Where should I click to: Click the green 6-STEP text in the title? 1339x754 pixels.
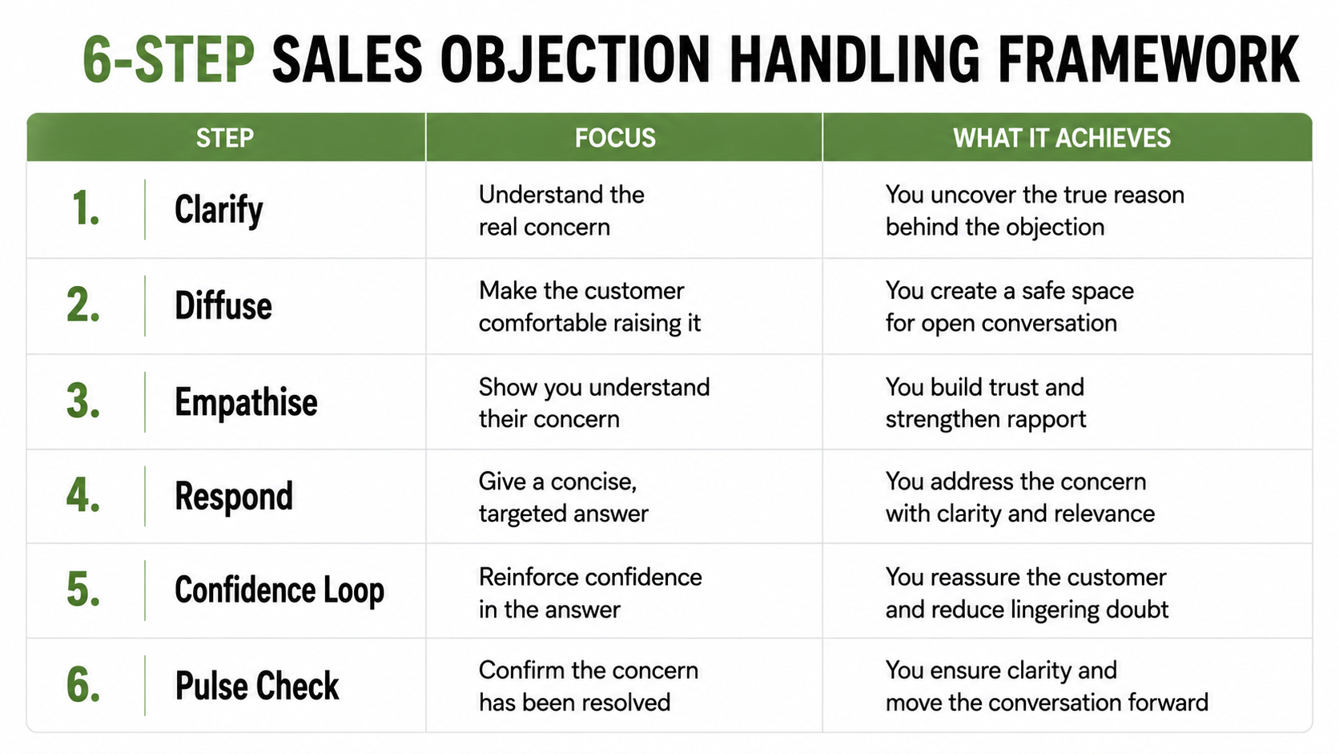point(168,60)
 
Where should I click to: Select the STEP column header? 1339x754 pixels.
point(225,138)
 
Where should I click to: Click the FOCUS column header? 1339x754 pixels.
point(615,138)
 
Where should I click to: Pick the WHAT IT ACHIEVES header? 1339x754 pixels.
point(1062,138)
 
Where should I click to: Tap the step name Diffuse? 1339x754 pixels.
point(223,305)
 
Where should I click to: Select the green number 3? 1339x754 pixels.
point(83,401)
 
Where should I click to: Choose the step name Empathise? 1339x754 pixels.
point(246,401)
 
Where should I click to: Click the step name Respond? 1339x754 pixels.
point(234,497)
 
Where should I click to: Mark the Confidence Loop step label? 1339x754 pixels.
point(279,591)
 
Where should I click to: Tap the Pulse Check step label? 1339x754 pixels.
point(256,685)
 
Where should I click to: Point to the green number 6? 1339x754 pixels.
point(83,684)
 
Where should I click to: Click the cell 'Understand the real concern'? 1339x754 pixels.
point(561,211)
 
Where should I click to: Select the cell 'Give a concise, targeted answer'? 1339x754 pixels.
point(563,498)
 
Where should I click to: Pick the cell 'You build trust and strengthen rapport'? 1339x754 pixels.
point(985,403)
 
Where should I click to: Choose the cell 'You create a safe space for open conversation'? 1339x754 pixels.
point(1010,307)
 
